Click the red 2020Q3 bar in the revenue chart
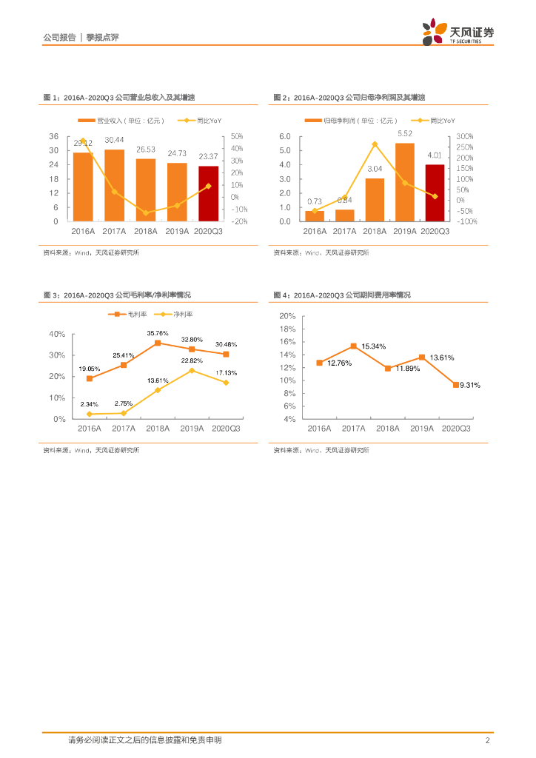[x=209, y=194]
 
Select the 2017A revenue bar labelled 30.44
[x=114, y=186]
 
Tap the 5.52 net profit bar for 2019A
[x=404, y=182]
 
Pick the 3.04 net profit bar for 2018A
[x=375, y=200]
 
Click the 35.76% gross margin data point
[x=158, y=343]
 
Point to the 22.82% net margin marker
[x=192, y=370]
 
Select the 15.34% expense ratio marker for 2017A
[x=353, y=346]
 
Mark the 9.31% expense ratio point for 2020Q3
[x=455, y=385]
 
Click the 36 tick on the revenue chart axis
[x=53, y=137]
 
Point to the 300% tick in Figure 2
[x=465, y=137]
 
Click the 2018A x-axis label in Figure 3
[x=158, y=429]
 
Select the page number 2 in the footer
[x=487, y=740]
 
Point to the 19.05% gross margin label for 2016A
[x=90, y=369]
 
